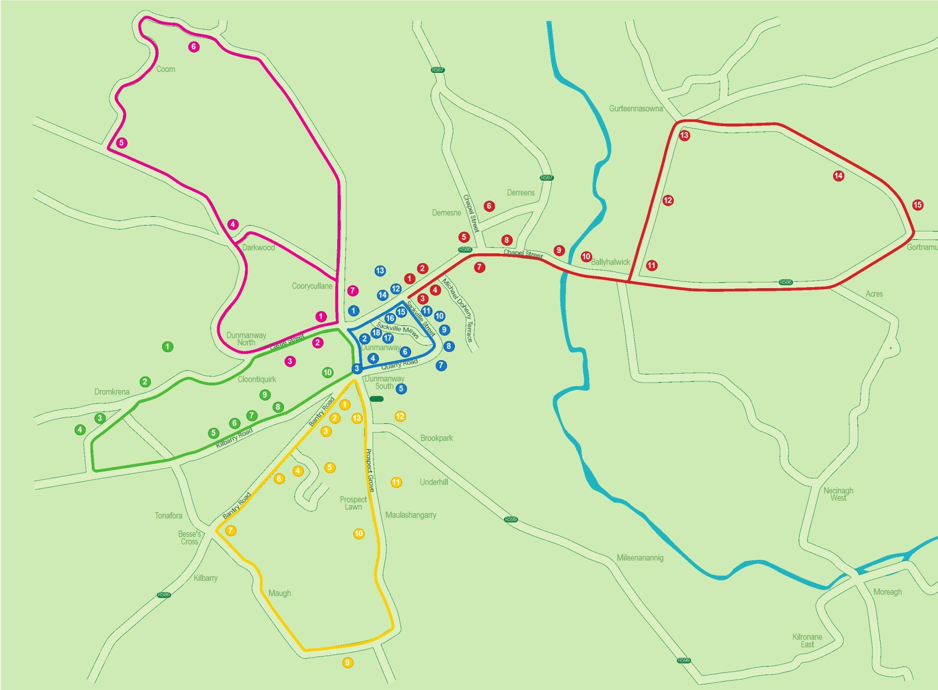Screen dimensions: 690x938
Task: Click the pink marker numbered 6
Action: point(194,47)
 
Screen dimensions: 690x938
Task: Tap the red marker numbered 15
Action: point(918,205)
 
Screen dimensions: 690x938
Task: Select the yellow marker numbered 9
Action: point(348,663)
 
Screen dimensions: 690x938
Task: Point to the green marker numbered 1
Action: point(167,347)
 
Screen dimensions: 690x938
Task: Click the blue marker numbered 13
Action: point(380,271)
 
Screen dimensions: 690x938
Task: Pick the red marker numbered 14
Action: point(838,176)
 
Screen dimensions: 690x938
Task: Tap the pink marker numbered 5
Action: point(121,143)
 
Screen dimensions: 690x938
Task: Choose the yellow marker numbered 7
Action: point(230,531)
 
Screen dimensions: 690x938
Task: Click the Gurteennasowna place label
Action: point(636,109)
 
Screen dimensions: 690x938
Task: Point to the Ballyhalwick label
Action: point(610,262)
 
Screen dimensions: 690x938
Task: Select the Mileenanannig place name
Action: point(640,558)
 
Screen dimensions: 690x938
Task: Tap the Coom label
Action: point(166,69)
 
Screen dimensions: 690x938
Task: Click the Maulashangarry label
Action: point(411,515)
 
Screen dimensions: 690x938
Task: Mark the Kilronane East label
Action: point(807,641)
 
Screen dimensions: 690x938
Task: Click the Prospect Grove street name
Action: point(370,471)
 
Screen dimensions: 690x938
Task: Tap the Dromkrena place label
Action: point(112,392)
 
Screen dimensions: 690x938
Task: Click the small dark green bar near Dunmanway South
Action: point(376,399)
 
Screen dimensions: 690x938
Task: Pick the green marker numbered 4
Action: point(80,430)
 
